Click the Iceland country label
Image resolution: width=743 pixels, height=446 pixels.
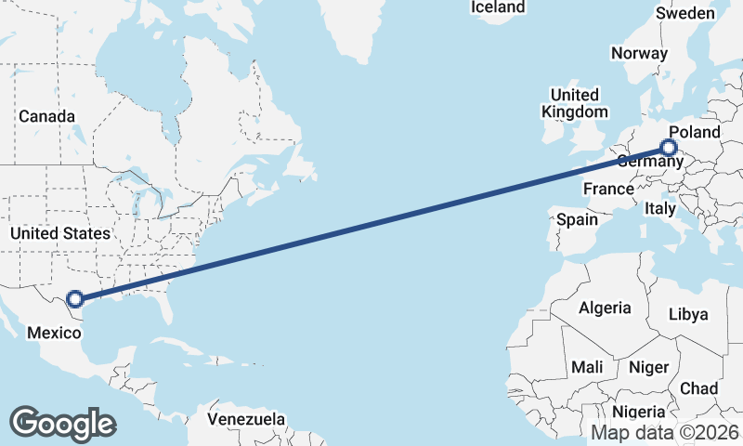click(498, 7)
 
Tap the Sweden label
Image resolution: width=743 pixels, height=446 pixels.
click(685, 13)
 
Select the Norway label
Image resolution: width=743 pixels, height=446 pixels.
click(639, 53)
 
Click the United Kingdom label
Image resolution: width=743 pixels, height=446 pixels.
click(574, 103)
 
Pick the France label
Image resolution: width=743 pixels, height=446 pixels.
click(607, 190)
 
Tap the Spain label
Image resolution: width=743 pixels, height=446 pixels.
click(576, 220)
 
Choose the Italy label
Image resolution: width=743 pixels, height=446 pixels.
click(660, 209)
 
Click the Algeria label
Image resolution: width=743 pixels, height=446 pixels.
click(605, 308)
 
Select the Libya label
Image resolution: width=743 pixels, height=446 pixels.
click(688, 314)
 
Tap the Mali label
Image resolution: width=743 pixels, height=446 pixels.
click(587, 367)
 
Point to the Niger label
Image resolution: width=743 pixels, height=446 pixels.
click(648, 367)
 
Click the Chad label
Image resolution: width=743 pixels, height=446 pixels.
click(698, 387)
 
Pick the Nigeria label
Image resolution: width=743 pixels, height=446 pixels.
click(639, 412)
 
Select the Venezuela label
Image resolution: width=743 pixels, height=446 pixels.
click(246, 419)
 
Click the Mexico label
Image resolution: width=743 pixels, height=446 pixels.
click(54, 332)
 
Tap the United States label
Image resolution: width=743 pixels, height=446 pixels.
click(60, 233)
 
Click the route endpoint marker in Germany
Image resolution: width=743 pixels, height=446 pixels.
click(669, 147)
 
